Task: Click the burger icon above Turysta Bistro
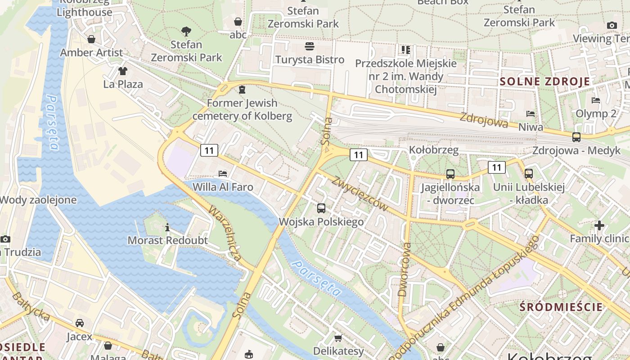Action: click(309, 46)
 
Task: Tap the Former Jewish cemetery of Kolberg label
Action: click(242, 109)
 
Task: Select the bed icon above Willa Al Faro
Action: click(223, 173)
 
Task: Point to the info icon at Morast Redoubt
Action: click(167, 228)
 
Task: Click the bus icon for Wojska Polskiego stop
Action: click(321, 208)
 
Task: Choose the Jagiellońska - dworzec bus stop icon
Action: click(450, 174)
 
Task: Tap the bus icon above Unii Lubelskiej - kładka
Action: click(529, 173)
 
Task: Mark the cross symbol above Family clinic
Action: click(599, 225)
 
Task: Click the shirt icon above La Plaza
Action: click(123, 71)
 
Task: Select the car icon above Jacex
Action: click(80, 323)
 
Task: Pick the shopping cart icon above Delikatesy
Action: click(338, 337)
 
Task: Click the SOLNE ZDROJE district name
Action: click(545, 81)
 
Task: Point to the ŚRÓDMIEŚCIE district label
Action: click(561, 307)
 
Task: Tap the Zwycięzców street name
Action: click(360, 194)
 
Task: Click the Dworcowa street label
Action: click(405, 270)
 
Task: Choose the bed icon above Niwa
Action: click(531, 114)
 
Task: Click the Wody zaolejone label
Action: click(38, 200)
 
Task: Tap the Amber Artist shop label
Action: click(91, 53)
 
